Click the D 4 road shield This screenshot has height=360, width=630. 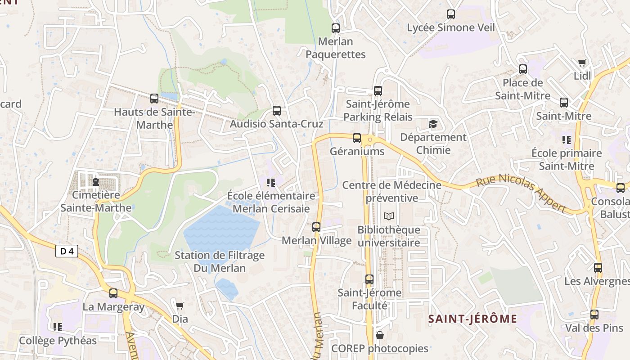click(67, 251)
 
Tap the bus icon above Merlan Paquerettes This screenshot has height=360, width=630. click(336, 28)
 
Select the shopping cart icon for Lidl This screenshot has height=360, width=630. click(582, 63)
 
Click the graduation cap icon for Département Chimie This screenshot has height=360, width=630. click(433, 124)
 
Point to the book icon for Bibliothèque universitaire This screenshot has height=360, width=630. click(389, 216)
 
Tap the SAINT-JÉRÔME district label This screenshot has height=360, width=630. click(472, 319)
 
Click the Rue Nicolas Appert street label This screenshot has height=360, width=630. click(521, 193)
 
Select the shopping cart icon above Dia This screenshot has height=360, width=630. click(180, 306)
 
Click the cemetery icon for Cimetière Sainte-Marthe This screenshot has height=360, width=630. click(95, 182)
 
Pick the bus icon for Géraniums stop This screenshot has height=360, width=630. click(357, 138)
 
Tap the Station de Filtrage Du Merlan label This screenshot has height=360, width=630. click(220, 261)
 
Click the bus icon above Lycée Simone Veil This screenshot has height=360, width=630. click(451, 14)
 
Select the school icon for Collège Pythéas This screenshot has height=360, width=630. click(58, 327)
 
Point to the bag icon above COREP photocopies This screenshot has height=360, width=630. click(380, 335)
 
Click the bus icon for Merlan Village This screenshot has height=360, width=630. click(316, 227)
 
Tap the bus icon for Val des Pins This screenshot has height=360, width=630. click(594, 315)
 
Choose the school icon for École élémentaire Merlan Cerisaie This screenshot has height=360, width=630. click(271, 182)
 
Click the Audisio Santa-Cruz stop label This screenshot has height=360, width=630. click(277, 123)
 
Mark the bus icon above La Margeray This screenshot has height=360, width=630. click(113, 293)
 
